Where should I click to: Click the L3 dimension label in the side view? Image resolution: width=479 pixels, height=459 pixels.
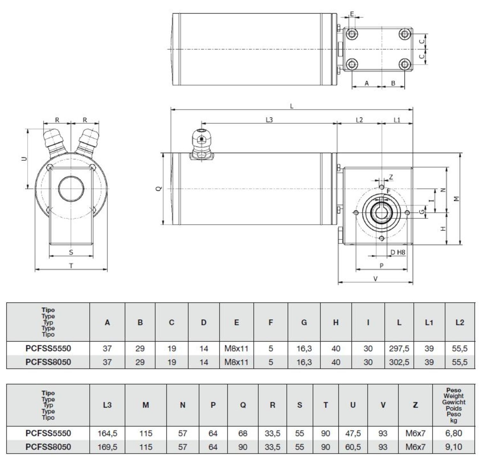point(269,120)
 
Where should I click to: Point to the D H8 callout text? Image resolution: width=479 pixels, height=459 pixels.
point(398,252)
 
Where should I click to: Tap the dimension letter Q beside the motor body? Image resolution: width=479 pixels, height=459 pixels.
point(159,189)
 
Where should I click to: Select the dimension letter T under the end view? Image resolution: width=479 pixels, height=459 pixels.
point(71,266)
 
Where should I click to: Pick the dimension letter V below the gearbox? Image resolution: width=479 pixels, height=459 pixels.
point(375,279)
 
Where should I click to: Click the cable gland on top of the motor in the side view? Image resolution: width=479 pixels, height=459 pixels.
point(201,145)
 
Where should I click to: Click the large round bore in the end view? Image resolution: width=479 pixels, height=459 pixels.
point(71,189)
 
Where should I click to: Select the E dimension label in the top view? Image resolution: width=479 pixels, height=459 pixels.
point(352,14)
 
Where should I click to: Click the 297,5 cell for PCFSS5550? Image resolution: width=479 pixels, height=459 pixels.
point(399,348)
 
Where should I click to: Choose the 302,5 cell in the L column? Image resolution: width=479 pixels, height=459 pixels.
point(399,362)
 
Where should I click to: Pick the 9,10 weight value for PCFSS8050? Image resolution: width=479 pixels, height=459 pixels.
point(453,447)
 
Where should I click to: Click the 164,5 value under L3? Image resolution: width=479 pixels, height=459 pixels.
point(107,433)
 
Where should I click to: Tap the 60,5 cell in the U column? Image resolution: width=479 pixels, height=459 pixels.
point(353,447)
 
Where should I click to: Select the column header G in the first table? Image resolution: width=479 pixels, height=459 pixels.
point(304,322)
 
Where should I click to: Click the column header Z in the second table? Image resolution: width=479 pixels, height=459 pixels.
point(415,405)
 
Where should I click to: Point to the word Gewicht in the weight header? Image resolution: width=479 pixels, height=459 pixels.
point(453,402)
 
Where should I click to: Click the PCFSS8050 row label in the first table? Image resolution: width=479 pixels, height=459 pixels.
point(48,362)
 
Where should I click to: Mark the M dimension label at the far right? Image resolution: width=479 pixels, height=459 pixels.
point(457,199)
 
